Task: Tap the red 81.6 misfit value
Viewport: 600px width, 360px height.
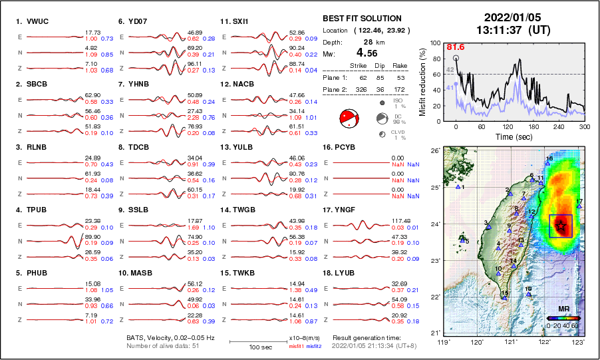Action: pyautogui.click(x=455, y=47)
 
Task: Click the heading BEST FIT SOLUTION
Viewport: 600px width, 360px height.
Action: pyautogui.click(x=362, y=19)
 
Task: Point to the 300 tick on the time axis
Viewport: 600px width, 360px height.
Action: pyautogui.click(x=585, y=126)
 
